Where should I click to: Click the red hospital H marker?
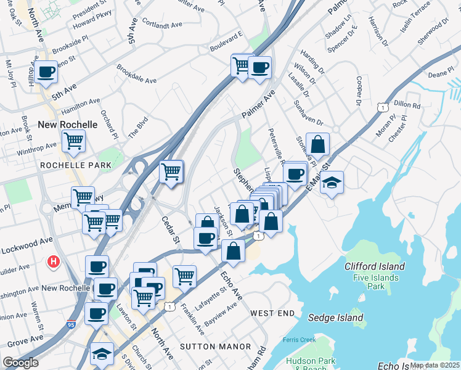[x=54, y=262]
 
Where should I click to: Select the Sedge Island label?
[x=338, y=318]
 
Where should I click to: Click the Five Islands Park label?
[x=375, y=282]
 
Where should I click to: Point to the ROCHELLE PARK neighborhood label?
[x=76, y=165]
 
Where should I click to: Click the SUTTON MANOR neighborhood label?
[x=206, y=347]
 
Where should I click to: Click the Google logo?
[x=20, y=363]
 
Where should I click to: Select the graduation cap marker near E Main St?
[x=332, y=183]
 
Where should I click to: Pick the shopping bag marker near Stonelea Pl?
[x=317, y=145]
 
